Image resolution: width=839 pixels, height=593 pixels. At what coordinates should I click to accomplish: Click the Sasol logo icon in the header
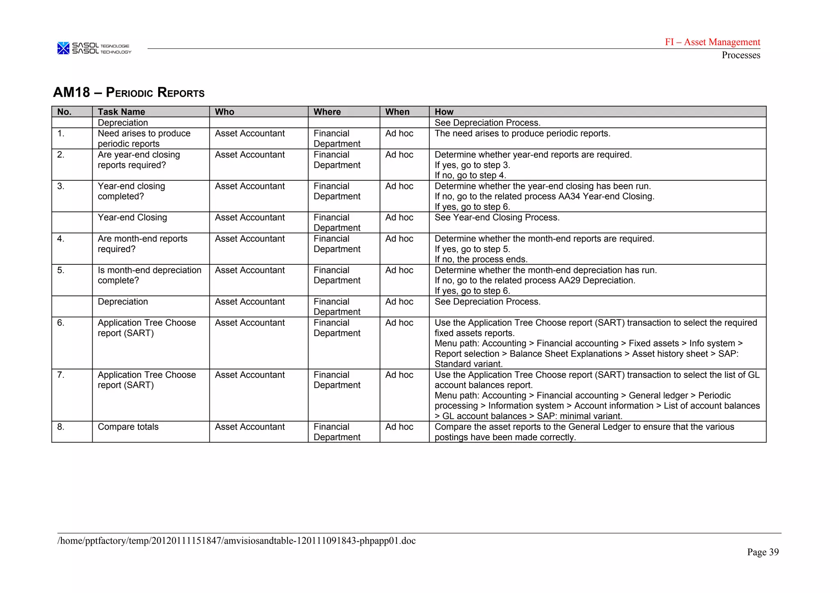click(63, 48)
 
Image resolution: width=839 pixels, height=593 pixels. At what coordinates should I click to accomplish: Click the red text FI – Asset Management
click(712, 42)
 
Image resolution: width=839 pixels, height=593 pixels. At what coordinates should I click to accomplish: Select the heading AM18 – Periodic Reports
click(129, 92)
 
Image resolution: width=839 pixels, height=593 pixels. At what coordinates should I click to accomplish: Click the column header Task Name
click(121, 112)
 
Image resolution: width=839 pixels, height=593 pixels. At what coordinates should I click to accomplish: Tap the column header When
click(397, 112)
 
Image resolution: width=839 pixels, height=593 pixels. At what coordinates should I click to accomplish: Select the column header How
click(444, 112)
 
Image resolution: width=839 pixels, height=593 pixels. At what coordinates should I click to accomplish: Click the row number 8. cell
click(61, 427)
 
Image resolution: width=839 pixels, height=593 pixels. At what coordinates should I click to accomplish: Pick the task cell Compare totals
click(128, 427)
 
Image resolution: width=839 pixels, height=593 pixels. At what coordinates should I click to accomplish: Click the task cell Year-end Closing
click(132, 218)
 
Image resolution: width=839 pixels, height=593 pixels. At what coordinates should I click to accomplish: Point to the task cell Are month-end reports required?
click(142, 244)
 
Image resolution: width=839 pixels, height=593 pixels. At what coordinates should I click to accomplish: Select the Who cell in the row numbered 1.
click(249, 134)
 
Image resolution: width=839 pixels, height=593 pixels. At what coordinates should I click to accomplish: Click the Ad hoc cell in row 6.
click(399, 323)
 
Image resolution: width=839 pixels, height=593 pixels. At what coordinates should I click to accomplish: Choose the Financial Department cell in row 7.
click(337, 380)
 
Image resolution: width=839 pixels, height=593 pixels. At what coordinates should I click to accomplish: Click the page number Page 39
click(762, 552)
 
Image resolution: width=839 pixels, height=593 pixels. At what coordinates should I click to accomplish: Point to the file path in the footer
click(236, 541)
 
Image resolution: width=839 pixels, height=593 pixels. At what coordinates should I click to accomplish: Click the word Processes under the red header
click(741, 55)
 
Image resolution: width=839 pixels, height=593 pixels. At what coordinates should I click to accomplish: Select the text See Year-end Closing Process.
click(497, 218)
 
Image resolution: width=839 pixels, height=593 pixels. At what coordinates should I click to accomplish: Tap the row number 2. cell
click(61, 155)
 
